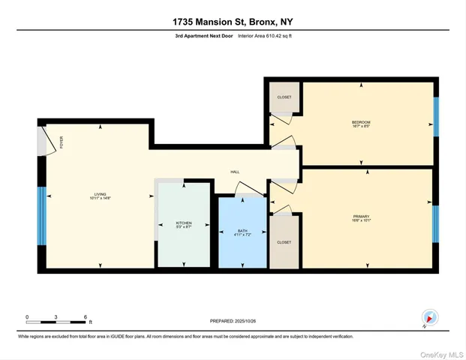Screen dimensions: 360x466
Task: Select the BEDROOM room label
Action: click(x=361, y=122)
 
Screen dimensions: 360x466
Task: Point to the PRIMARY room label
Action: click(x=362, y=217)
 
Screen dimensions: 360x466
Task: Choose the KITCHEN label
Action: click(x=184, y=223)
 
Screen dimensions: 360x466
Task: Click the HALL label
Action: click(x=235, y=172)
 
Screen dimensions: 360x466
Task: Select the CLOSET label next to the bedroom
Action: click(x=284, y=97)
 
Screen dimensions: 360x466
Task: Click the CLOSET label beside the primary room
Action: click(x=284, y=242)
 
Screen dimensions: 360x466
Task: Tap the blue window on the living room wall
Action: click(x=42, y=216)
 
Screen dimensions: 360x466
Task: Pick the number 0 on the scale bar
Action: click(x=27, y=316)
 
